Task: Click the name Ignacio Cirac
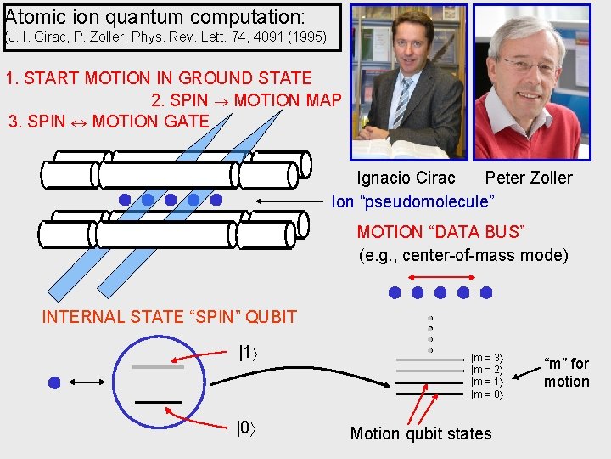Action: tap(406, 178)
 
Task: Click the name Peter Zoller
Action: tap(528, 178)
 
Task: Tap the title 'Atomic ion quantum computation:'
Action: tap(155, 16)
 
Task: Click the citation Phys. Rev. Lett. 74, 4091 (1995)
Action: tap(228, 38)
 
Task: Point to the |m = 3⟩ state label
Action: tap(487, 359)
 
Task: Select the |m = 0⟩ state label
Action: tap(487, 394)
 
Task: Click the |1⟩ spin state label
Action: tap(246, 354)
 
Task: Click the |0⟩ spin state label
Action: tap(244, 428)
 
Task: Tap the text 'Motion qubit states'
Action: tap(421, 433)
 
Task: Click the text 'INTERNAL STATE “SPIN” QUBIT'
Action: tap(170, 317)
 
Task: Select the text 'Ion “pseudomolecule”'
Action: tap(413, 202)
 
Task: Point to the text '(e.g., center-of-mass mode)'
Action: tap(463, 255)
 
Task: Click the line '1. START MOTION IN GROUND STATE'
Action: tap(159, 78)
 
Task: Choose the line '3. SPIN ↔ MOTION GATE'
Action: tap(108, 122)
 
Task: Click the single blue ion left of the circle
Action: tap(54, 382)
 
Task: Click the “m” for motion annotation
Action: tap(566, 372)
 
